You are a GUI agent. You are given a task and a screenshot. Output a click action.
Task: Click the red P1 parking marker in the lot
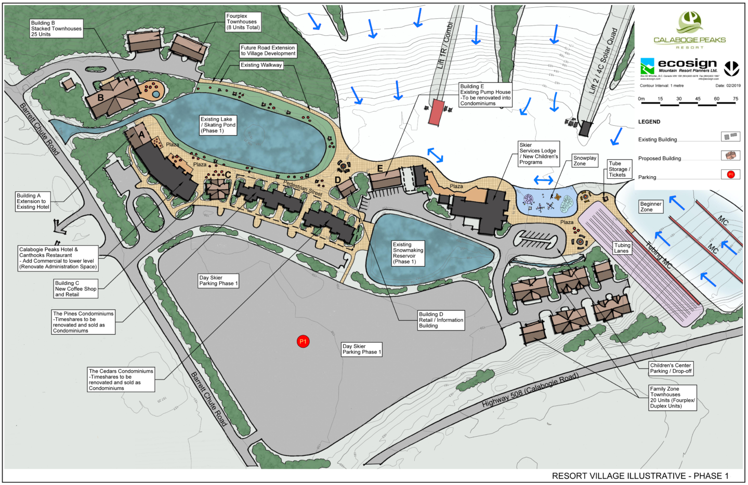(303, 342)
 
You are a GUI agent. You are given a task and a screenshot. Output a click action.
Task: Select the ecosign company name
(687, 63)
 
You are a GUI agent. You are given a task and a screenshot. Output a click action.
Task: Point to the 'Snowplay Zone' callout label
(585, 161)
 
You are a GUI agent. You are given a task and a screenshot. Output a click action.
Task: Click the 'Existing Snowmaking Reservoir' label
(408, 253)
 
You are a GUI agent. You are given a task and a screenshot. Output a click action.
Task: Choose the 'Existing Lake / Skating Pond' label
(218, 125)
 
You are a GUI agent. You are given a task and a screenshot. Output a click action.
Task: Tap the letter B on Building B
(101, 97)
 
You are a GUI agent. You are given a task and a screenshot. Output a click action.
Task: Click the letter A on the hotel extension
(141, 135)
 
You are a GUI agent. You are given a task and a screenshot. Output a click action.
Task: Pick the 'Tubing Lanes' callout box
(622, 248)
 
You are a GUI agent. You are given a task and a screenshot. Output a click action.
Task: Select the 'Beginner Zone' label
(651, 207)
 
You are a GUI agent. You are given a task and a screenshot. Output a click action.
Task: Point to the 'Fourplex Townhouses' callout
(243, 22)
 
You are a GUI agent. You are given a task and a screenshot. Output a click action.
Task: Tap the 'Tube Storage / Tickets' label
(619, 169)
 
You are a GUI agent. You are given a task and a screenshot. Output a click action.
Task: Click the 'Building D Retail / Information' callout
(441, 320)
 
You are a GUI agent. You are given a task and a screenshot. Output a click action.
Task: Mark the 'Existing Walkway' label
(261, 65)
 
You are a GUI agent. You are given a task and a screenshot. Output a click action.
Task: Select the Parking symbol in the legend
(730, 175)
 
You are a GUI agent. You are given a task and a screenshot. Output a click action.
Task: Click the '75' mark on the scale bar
(736, 99)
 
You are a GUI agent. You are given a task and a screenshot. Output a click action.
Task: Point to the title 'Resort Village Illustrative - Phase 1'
(640, 476)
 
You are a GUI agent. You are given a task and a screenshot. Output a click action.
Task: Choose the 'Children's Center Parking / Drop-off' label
(671, 369)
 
